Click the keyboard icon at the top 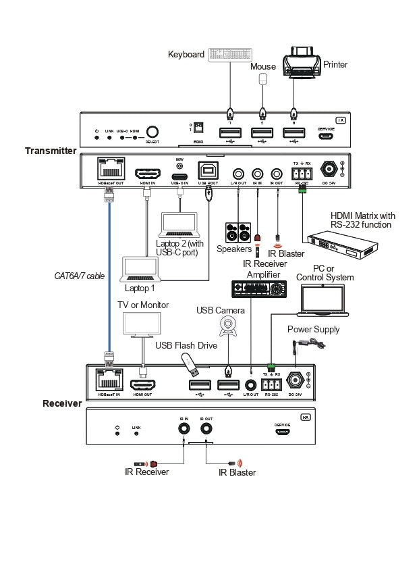point(231,55)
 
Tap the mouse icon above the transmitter point(263,79)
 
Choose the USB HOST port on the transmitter point(206,170)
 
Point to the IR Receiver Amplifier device point(259,288)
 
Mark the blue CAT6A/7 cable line point(107,277)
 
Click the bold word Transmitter point(51,151)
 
